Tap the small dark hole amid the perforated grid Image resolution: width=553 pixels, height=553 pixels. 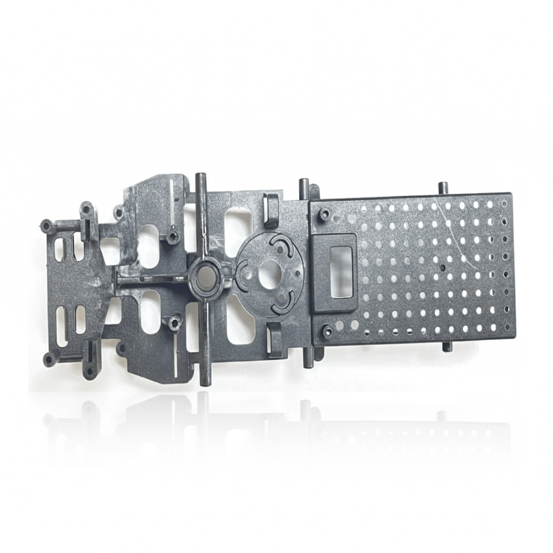[x=442, y=267]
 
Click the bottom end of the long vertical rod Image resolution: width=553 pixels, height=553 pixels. [x=204, y=381]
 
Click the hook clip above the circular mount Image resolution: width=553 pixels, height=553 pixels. [x=271, y=210]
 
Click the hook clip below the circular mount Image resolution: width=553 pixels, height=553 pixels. [x=275, y=340]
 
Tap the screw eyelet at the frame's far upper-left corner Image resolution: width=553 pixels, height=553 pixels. [x=46, y=225]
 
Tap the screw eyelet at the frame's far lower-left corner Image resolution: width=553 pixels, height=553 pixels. [x=49, y=358]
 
